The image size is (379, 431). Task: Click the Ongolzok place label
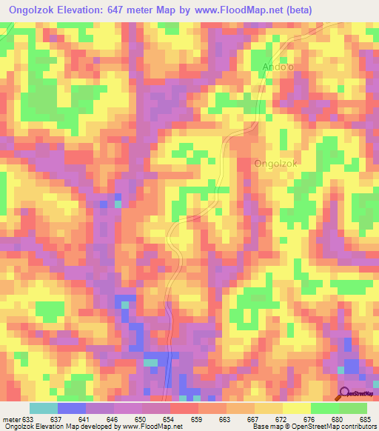pos(275,164)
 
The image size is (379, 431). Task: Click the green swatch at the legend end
pos(353,408)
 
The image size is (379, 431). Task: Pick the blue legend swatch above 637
pos(71,408)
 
